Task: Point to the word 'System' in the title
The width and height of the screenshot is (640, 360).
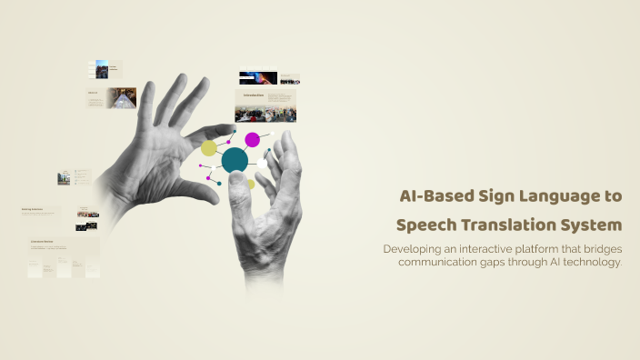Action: click(595, 225)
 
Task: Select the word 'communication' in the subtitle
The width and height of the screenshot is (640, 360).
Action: click(438, 262)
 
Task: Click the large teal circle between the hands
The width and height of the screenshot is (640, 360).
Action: click(235, 161)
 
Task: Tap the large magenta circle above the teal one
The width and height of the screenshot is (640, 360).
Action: click(252, 140)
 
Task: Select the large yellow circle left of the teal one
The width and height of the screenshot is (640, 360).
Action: click(209, 148)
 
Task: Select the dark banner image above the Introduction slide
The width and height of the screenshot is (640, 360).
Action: click(258, 78)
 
